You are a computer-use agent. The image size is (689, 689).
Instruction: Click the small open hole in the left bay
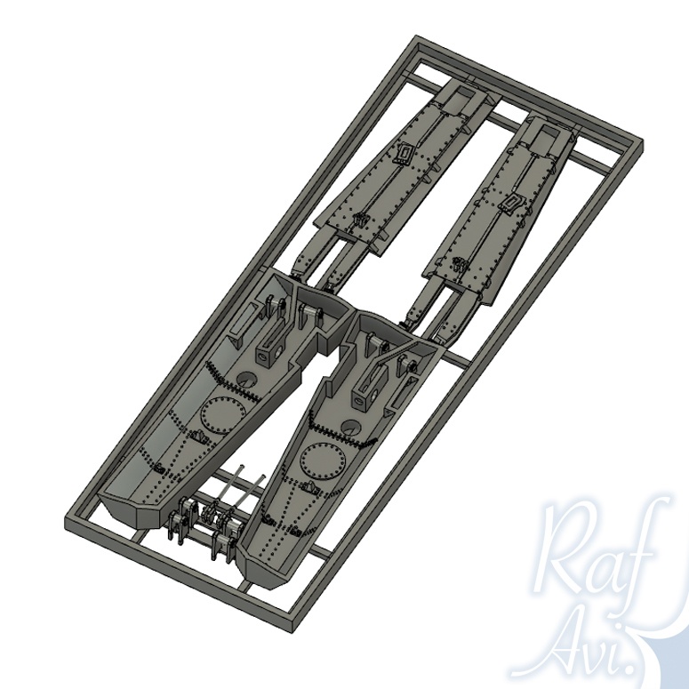[x=247, y=379]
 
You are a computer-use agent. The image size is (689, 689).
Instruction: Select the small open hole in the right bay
[x=351, y=427]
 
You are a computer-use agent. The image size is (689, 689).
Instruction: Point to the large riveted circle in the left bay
[x=223, y=414]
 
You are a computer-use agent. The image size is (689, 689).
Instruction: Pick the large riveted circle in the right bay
[x=323, y=462]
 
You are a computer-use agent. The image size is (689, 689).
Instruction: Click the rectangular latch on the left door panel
[x=405, y=153]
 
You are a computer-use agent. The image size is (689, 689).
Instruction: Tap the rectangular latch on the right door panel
[x=511, y=203]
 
